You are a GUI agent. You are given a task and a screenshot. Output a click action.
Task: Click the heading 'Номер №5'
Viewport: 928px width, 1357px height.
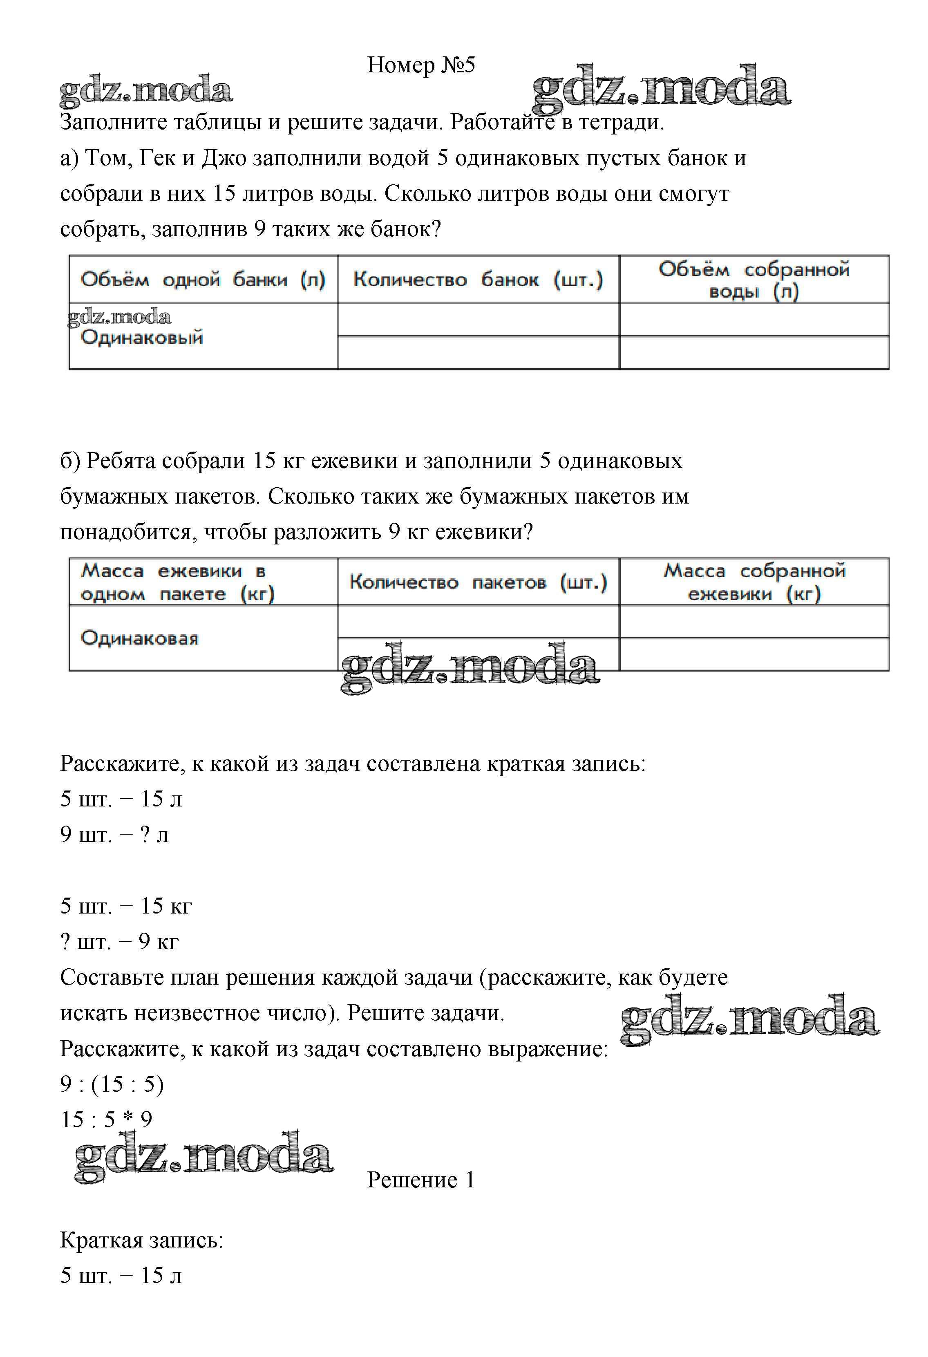click(x=421, y=65)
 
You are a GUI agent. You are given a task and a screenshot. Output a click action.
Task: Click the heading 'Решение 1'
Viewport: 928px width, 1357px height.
click(x=421, y=1180)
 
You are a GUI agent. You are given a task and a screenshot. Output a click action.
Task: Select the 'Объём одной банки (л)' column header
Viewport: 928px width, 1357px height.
click(x=203, y=280)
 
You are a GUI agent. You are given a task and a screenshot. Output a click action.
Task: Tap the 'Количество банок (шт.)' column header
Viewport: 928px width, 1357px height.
click(x=478, y=280)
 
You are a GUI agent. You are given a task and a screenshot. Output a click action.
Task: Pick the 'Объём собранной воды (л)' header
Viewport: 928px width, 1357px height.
click(x=754, y=280)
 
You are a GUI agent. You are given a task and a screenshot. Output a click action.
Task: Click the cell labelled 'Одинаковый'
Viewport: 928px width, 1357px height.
click(x=142, y=338)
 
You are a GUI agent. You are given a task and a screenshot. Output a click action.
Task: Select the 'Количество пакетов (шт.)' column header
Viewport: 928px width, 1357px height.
click(x=478, y=582)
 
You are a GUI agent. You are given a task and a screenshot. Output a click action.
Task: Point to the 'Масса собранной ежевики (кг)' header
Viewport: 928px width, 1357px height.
click(x=754, y=582)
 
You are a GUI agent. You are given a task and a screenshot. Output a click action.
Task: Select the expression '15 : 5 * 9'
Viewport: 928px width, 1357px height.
click(x=106, y=1120)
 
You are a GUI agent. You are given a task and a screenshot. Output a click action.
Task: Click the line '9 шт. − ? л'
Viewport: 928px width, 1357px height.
click(x=114, y=834)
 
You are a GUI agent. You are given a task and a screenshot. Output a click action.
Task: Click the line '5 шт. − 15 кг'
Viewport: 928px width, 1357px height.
click(x=126, y=906)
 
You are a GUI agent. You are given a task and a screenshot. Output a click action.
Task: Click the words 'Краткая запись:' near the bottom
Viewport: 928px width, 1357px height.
click(x=142, y=1240)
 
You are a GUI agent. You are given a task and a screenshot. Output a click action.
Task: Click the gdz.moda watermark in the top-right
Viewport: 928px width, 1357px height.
click(x=661, y=89)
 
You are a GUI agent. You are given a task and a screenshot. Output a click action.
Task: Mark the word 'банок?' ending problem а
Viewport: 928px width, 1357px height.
click(x=406, y=229)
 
